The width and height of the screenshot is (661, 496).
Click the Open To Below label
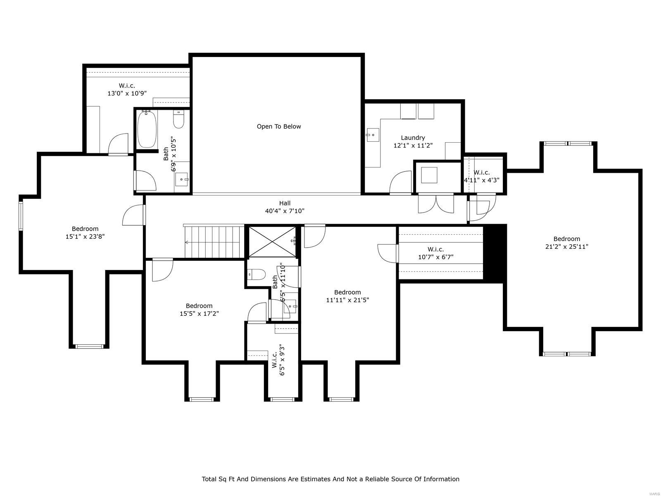279,126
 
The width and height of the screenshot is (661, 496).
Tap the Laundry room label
413,138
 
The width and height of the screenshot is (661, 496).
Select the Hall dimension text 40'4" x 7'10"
285,211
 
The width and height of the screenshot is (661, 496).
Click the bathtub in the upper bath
147,129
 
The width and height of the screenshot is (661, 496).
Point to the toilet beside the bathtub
178,120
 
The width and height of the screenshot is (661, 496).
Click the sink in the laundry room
373,134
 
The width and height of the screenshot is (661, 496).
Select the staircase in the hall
214,241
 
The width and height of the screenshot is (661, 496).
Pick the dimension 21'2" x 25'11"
567,247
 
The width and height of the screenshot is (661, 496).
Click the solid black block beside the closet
495,253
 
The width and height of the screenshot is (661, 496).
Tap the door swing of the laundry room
400,183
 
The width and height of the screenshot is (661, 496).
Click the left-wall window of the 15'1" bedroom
21,215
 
